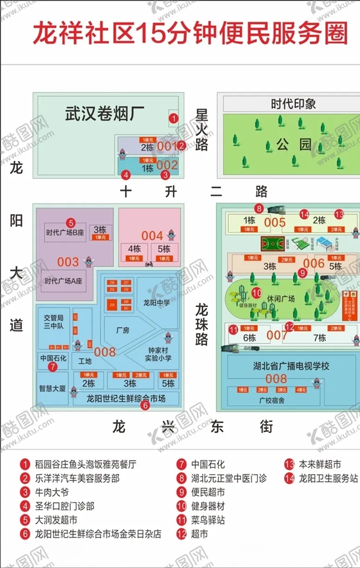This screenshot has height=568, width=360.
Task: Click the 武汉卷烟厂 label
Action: tap(105, 114)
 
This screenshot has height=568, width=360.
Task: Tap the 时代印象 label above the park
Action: tap(293, 104)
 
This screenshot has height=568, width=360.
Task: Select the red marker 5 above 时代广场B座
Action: tap(70, 222)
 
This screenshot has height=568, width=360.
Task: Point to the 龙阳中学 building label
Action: tap(156, 303)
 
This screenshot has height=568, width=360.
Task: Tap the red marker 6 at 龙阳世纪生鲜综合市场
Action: tap(145, 406)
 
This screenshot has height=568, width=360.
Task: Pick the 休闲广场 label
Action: tap(281, 299)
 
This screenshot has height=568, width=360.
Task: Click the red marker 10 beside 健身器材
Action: tap(257, 293)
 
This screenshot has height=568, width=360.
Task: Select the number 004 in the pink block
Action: tap(152, 236)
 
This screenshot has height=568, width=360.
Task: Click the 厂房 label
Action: tap(122, 330)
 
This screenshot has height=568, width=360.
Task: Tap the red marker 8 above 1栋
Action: tap(259, 208)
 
